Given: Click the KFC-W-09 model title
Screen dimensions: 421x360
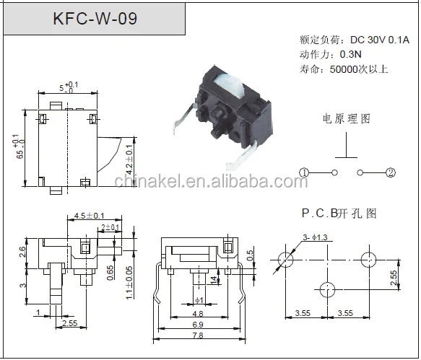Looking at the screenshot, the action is click(x=95, y=19).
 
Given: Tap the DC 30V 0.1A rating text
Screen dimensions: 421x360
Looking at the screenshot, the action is click(x=380, y=40).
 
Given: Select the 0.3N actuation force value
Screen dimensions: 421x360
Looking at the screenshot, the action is click(x=351, y=54).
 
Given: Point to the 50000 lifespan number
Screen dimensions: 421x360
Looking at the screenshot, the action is click(x=344, y=69).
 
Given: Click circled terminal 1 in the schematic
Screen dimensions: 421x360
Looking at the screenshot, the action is click(x=304, y=172).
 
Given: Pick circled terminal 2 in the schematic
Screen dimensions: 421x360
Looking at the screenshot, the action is click(x=391, y=172).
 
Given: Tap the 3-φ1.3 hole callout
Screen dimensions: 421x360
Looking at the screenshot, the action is click(x=315, y=237).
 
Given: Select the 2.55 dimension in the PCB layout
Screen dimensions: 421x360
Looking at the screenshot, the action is click(x=394, y=278).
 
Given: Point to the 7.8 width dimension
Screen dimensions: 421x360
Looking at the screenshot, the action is click(x=198, y=335).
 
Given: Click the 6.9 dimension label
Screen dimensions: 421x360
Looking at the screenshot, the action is click(x=198, y=325).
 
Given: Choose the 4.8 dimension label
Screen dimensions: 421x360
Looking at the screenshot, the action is click(x=198, y=314).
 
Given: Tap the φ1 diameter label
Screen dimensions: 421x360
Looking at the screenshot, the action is click(x=199, y=300).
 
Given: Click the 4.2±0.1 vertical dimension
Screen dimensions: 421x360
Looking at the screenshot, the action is click(x=129, y=160).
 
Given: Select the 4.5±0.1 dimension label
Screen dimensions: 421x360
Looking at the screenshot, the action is click(x=89, y=216).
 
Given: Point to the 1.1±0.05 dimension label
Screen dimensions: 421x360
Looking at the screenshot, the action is click(x=129, y=283).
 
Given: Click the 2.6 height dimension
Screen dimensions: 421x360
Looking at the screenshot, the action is click(x=22, y=252).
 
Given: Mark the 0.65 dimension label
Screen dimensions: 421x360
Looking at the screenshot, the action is click(x=110, y=273).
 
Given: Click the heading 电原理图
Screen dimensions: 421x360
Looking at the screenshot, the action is click(x=347, y=119).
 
